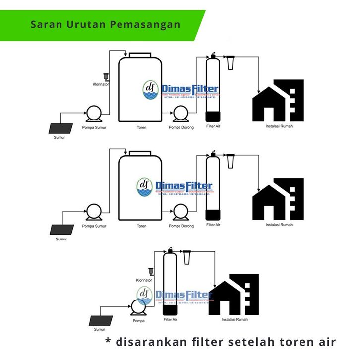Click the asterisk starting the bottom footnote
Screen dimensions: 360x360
[x=108, y=342]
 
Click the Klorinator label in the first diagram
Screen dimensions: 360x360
[x=101, y=84]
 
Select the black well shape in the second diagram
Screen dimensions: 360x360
[x=62, y=230]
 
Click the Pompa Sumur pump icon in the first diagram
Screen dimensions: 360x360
[x=93, y=114]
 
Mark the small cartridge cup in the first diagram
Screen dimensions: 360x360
[x=230, y=63]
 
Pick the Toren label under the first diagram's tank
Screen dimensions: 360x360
[x=141, y=127]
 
